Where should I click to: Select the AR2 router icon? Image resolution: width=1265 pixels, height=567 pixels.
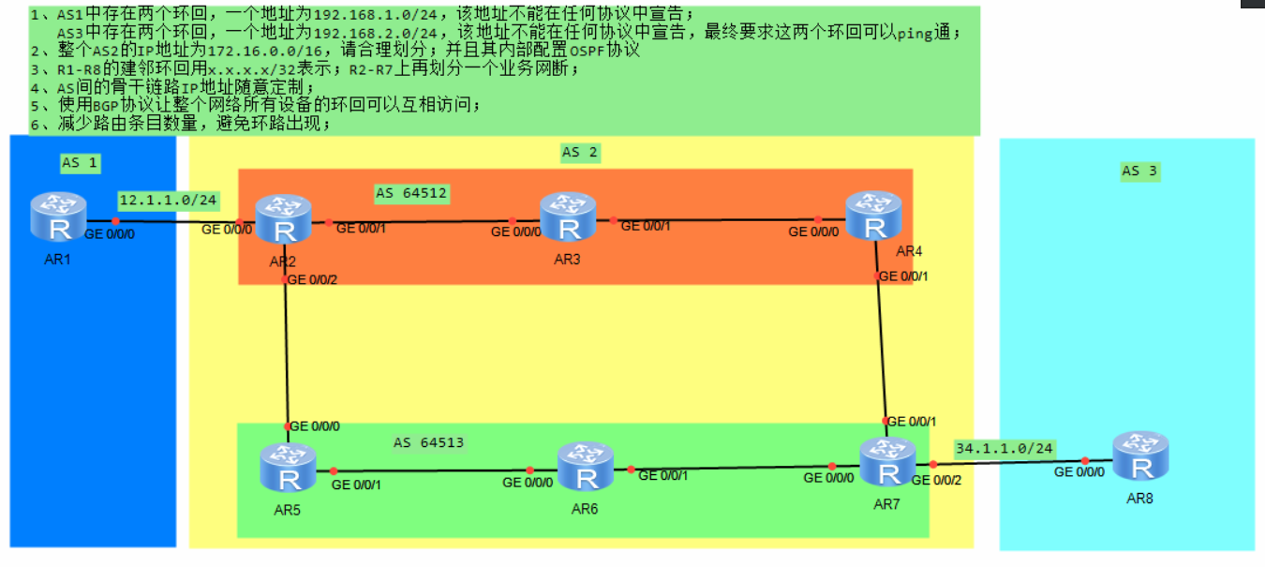(283, 219)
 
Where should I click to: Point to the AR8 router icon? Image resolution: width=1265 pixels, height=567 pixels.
(1140, 456)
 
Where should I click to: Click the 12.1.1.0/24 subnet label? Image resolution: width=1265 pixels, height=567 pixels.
(169, 200)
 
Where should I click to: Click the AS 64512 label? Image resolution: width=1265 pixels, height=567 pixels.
(411, 194)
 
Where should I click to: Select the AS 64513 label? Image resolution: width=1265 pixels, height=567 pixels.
(428, 442)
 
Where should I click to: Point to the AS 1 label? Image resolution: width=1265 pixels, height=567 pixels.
(80, 163)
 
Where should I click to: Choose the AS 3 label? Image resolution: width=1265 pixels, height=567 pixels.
(1139, 171)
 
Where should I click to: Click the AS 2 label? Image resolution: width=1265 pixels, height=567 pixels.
(578, 152)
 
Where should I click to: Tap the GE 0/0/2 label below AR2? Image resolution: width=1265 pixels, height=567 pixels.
(312, 279)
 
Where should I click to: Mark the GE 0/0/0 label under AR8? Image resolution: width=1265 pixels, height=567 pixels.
(1079, 472)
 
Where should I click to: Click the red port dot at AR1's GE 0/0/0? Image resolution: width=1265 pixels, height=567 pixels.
(115, 221)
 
